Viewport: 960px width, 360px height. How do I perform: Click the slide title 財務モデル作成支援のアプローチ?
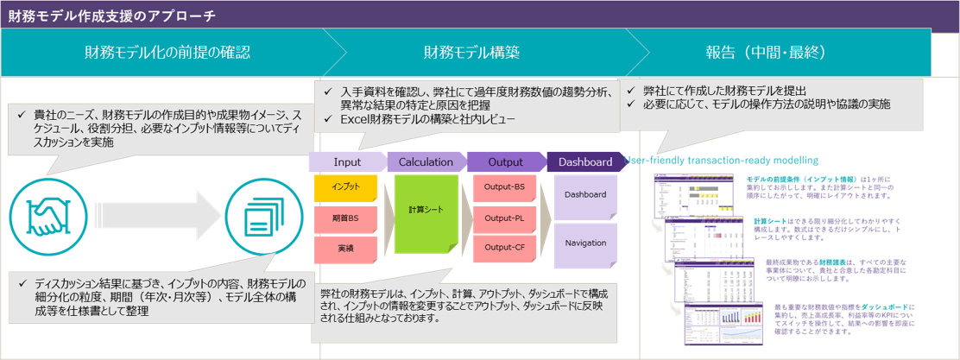tap(113, 16)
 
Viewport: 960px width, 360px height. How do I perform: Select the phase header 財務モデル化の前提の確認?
tap(167, 53)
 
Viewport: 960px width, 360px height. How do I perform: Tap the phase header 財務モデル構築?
tap(471, 53)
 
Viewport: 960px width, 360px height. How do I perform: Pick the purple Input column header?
tap(347, 162)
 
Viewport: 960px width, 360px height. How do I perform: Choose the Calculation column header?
tap(426, 162)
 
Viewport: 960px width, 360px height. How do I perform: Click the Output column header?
tap(506, 162)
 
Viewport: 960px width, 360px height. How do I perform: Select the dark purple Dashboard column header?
tap(585, 162)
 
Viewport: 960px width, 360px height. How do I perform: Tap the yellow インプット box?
tap(346, 187)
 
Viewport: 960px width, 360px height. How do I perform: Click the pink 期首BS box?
tap(346, 218)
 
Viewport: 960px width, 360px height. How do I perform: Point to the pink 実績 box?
tap(346, 249)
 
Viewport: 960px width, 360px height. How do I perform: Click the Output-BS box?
tap(505, 187)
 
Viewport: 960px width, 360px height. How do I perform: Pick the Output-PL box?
tap(505, 218)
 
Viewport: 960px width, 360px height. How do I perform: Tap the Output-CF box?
tap(505, 248)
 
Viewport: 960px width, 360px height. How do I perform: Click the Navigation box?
tap(585, 243)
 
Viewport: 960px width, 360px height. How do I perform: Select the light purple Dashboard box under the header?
tap(585, 195)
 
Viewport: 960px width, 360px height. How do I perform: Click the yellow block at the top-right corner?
tap(944, 54)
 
